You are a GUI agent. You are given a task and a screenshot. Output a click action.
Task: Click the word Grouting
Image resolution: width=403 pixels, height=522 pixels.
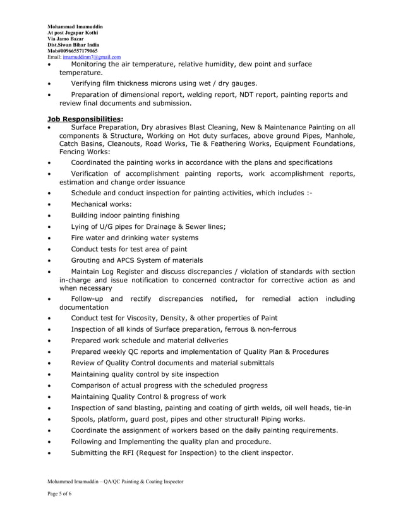(88, 260)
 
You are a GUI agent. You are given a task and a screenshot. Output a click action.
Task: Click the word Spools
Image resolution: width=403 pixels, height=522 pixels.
(85, 419)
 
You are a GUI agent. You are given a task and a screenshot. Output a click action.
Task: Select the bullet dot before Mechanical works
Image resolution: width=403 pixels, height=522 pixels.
(50, 204)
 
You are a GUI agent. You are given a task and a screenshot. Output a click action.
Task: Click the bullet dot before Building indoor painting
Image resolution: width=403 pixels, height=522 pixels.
(50, 215)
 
